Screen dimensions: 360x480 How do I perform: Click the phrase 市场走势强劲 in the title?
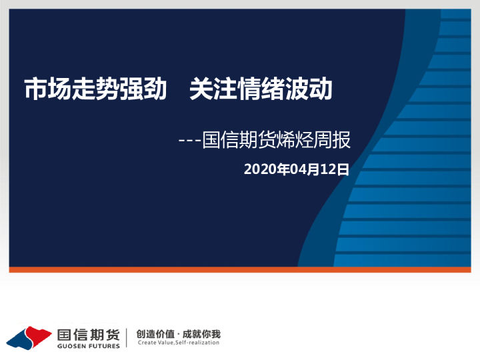(95, 89)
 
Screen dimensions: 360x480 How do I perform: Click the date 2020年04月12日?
(297, 169)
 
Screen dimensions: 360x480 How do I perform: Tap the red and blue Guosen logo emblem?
(29, 337)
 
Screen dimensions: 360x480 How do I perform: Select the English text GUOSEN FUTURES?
(88, 346)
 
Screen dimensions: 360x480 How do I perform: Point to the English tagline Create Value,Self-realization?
(177, 343)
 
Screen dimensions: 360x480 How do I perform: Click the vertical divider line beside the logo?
(127, 338)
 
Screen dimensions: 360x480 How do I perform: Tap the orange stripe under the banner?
(240, 270)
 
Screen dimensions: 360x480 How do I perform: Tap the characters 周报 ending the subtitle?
(337, 141)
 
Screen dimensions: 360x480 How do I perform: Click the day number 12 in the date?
(329, 169)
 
